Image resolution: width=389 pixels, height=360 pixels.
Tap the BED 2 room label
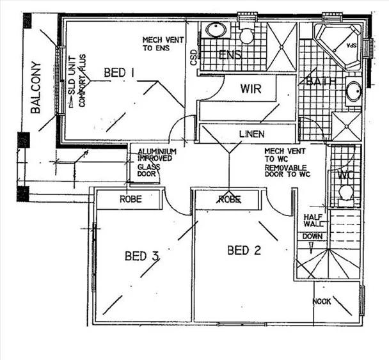(x=244, y=250)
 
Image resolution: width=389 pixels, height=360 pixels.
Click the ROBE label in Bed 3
(x=131, y=200)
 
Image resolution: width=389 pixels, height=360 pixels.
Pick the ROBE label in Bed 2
(x=229, y=200)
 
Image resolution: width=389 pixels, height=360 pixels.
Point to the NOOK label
(x=322, y=301)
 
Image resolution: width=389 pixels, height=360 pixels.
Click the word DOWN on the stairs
(x=312, y=235)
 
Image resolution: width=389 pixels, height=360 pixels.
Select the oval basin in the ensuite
(x=214, y=30)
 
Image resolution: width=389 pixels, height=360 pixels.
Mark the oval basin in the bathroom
(x=353, y=92)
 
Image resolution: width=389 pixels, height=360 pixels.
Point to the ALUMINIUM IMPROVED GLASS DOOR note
(x=153, y=162)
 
